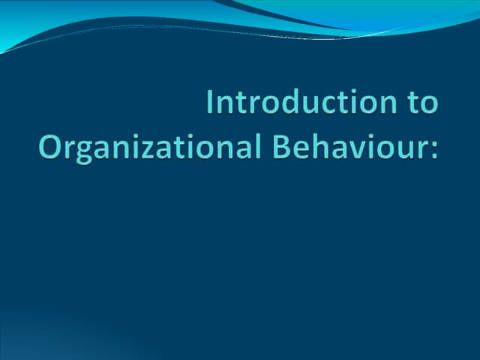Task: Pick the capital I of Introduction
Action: click(211, 102)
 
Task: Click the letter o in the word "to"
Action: click(427, 105)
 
